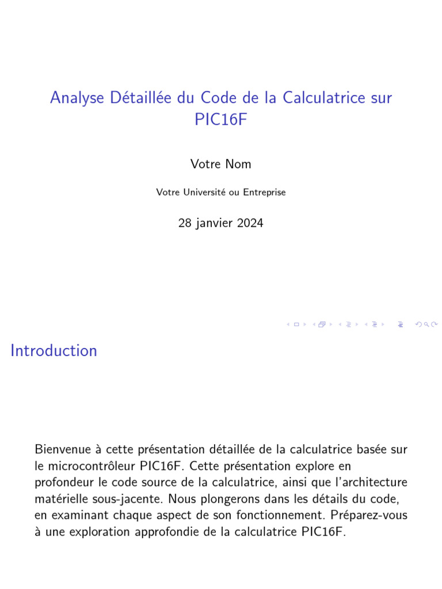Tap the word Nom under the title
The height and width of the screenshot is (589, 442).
(x=238, y=164)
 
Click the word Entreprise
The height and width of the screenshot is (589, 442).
(x=264, y=192)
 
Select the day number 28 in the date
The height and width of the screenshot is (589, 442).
(x=185, y=223)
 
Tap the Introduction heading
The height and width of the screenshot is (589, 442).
(x=54, y=350)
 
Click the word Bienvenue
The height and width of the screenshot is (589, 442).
(x=59, y=449)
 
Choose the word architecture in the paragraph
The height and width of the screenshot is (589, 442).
(x=376, y=482)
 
